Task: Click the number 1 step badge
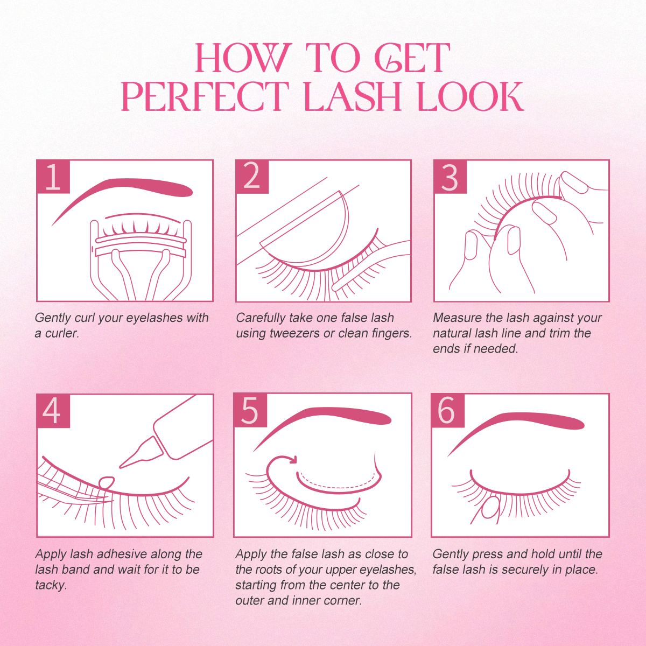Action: point(53,177)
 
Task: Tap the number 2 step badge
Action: point(252,177)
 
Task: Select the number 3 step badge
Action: point(450,177)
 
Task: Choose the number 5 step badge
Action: point(250,411)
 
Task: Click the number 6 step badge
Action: point(447,411)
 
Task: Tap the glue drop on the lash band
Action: point(107,482)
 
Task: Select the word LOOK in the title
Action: point(471,97)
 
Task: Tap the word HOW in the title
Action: point(243,58)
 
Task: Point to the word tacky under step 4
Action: point(50,585)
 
